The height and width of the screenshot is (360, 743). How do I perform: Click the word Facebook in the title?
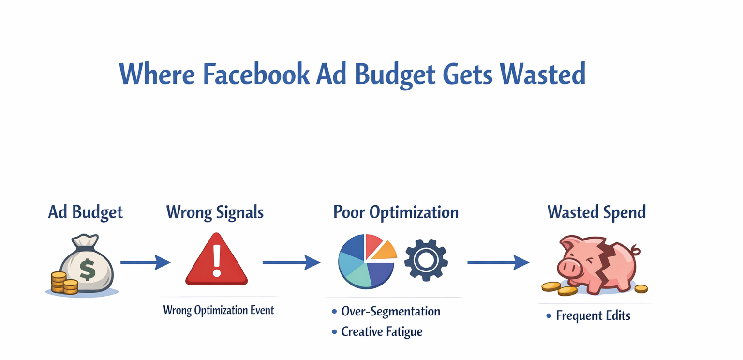[x=255, y=75]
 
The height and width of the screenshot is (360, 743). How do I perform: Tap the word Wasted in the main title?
[x=542, y=75]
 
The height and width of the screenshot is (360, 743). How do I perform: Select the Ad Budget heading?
[x=85, y=212]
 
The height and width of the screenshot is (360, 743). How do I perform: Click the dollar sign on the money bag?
[x=87, y=269]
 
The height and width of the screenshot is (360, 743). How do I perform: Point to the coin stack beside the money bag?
[x=64, y=283]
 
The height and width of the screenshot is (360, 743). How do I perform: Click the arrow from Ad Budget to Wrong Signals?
[x=145, y=262]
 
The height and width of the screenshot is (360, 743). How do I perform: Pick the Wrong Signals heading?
[x=215, y=212]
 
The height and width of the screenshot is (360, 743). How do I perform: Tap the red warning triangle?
[x=216, y=261]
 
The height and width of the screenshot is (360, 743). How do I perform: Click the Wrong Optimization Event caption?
[x=218, y=310]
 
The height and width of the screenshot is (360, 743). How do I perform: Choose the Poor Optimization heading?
[x=396, y=212]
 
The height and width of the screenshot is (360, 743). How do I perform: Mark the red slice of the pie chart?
[x=372, y=244]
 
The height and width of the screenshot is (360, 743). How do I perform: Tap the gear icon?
[x=426, y=260]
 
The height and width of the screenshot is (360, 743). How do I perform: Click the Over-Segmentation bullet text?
[x=390, y=311]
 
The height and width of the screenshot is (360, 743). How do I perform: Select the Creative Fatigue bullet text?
[x=382, y=331]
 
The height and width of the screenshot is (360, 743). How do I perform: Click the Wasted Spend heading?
[x=596, y=212]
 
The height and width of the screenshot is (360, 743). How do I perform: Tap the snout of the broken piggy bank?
[x=569, y=267]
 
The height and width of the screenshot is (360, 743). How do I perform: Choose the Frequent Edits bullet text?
[x=593, y=316]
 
